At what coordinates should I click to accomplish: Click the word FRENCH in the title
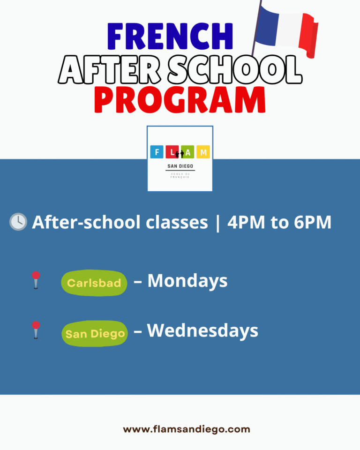click(x=170, y=36)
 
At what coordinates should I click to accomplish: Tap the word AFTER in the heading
click(x=109, y=70)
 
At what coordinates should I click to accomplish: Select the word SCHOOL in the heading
click(x=235, y=70)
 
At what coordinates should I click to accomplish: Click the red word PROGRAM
click(x=180, y=100)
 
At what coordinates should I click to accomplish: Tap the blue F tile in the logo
click(x=157, y=152)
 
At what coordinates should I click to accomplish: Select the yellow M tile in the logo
click(x=203, y=152)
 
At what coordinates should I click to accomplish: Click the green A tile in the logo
click(x=188, y=152)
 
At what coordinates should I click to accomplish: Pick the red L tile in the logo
click(x=172, y=152)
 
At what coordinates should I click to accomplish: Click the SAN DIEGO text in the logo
click(x=180, y=166)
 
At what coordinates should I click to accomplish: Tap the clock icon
click(x=18, y=222)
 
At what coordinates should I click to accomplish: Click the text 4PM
click(x=246, y=222)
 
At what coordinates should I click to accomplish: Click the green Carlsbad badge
click(x=94, y=283)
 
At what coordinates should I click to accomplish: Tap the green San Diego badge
click(x=95, y=334)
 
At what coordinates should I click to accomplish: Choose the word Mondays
click(x=187, y=281)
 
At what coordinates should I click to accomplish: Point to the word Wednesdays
click(x=202, y=330)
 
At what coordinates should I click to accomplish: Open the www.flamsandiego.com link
click(x=187, y=429)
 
